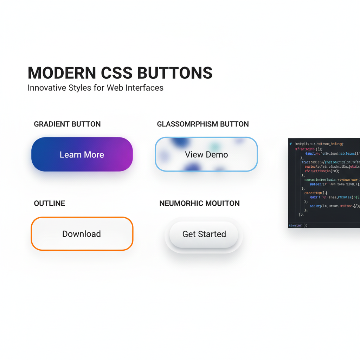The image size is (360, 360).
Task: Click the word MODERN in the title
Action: [62, 73]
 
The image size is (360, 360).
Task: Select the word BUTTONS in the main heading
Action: [175, 73]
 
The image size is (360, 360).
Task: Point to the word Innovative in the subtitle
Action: [45, 88]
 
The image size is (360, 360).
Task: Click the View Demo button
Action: [206, 154]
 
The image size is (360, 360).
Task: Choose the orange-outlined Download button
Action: [82, 234]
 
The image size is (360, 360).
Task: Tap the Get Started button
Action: [204, 234]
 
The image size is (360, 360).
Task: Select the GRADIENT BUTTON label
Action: [67, 124]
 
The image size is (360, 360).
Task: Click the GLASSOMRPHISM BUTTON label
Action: [203, 124]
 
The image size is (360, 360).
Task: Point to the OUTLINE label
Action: [50, 204]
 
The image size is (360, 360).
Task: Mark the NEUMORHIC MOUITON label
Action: [199, 204]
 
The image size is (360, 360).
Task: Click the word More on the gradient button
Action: [93, 155]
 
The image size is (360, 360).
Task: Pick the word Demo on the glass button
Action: [217, 155]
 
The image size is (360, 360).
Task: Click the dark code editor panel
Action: [324, 183]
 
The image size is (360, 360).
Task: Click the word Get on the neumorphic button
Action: [188, 234]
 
